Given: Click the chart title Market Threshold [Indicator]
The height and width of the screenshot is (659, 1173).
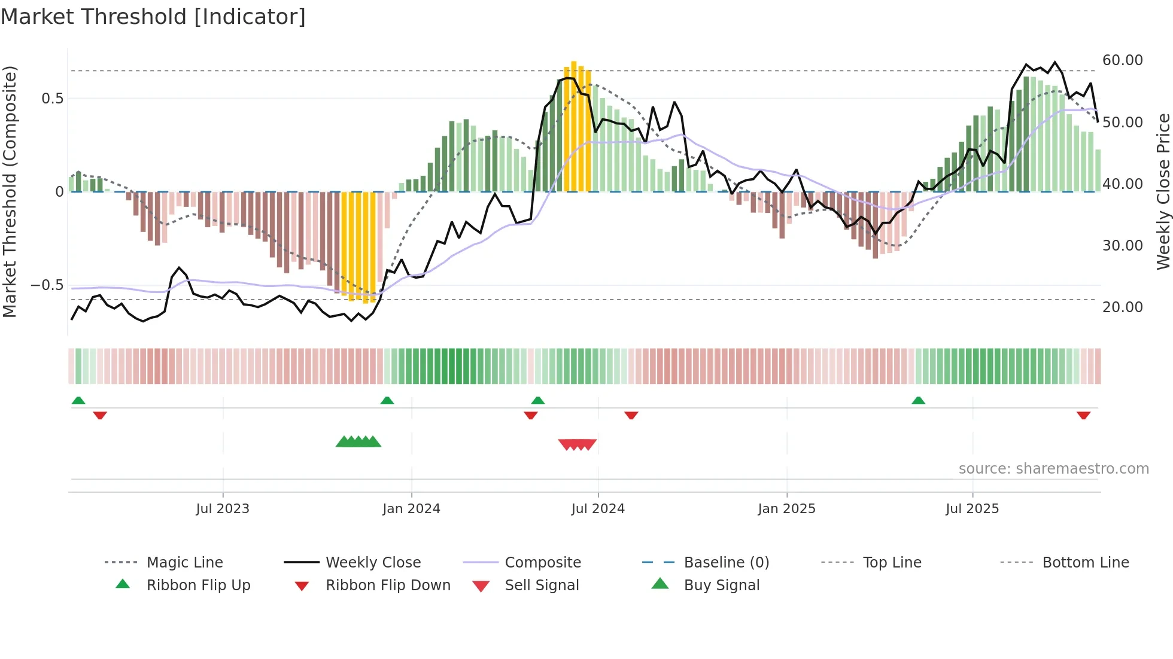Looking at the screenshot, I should pyautogui.click(x=153, y=17).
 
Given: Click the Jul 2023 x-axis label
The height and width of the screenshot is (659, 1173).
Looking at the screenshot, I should pyautogui.click(x=223, y=509).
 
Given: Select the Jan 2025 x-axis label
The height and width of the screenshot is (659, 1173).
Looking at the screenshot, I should pyautogui.click(x=786, y=509).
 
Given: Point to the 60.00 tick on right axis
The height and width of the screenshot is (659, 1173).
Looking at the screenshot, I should pyautogui.click(x=1122, y=60).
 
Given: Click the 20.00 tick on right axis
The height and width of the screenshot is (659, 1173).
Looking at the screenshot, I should pyautogui.click(x=1122, y=307).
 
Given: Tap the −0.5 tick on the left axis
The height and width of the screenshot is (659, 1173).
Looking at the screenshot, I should pyautogui.click(x=47, y=285).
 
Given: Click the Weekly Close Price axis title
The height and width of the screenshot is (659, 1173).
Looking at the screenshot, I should pyautogui.click(x=1163, y=191).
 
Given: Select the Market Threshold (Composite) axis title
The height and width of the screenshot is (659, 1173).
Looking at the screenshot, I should pyautogui.click(x=10, y=191).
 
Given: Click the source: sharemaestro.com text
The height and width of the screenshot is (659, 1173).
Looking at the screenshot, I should pyautogui.click(x=1053, y=469).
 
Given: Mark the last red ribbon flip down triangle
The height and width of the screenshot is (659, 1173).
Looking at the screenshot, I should pyautogui.click(x=1083, y=415).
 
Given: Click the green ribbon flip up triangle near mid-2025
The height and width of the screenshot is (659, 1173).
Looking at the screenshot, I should pyautogui.click(x=918, y=401).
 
